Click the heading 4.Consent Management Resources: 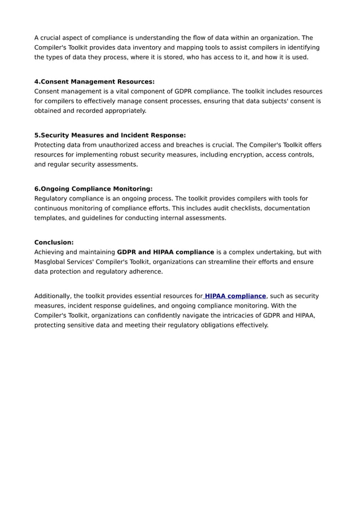tap(94, 81)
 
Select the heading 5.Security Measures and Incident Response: tap(110, 135)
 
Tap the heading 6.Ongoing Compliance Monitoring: tap(93, 188)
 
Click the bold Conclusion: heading tap(54, 242)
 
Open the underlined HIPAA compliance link tap(235, 296)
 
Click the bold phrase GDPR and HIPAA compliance tap(165, 252)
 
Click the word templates tap(50, 218)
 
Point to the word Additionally tap(53, 296)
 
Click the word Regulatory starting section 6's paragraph tap(52, 198)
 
